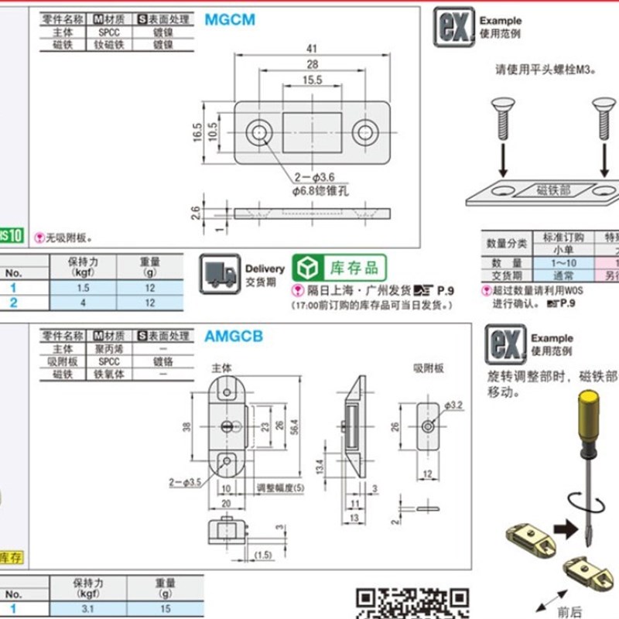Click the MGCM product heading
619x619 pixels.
coord(229,20)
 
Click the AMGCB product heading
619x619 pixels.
coord(234,337)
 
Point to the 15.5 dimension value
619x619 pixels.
coord(313,80)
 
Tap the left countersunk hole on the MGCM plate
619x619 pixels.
coord(258,133)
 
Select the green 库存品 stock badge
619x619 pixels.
coord(339,268)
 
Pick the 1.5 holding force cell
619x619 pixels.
coord(83,288)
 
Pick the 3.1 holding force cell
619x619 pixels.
coord(83,609)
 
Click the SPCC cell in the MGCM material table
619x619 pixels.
coord(108,32)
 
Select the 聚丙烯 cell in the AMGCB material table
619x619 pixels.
coord(108,349)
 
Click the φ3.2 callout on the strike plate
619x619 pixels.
coord(454,405)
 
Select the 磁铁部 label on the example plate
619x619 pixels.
coord(553,189)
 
